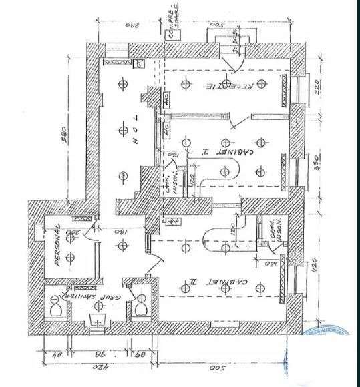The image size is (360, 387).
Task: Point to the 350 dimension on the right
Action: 318,161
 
